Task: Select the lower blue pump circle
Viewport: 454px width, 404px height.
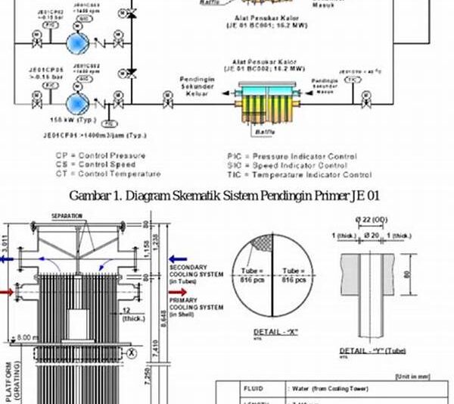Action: [76, 103]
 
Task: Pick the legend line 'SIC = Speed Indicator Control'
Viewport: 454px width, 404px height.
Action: [287, 164]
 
